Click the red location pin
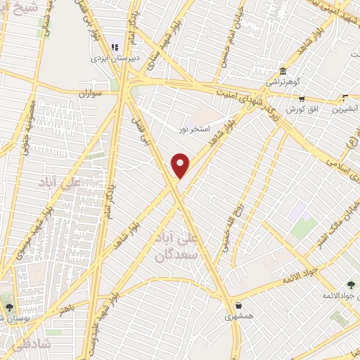181,166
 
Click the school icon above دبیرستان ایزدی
115,47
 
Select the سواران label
90,92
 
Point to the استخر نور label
193,129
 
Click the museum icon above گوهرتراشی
282,71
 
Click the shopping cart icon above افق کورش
301,99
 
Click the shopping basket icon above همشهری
240,306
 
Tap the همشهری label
240,317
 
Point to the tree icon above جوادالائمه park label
330,284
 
